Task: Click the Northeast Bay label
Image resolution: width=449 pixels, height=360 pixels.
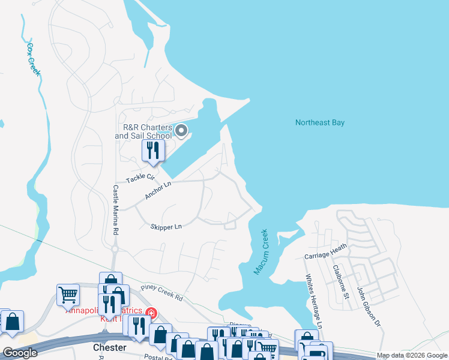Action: (x=320, y=122)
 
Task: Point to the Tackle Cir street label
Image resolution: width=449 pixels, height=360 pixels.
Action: (x=140, y=178)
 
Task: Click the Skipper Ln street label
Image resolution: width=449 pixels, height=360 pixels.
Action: (x=166, y=226)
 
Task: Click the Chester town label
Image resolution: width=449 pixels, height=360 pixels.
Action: (x=110, y=347)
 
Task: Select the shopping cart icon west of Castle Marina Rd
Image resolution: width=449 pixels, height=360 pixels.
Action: (x=68, y=295)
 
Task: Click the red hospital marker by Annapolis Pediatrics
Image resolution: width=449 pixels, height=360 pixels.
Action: (x=150, y=313)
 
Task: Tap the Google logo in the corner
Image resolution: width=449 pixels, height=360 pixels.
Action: (x=20, y=353)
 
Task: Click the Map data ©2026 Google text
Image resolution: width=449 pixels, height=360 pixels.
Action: (x=412, y=355)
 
